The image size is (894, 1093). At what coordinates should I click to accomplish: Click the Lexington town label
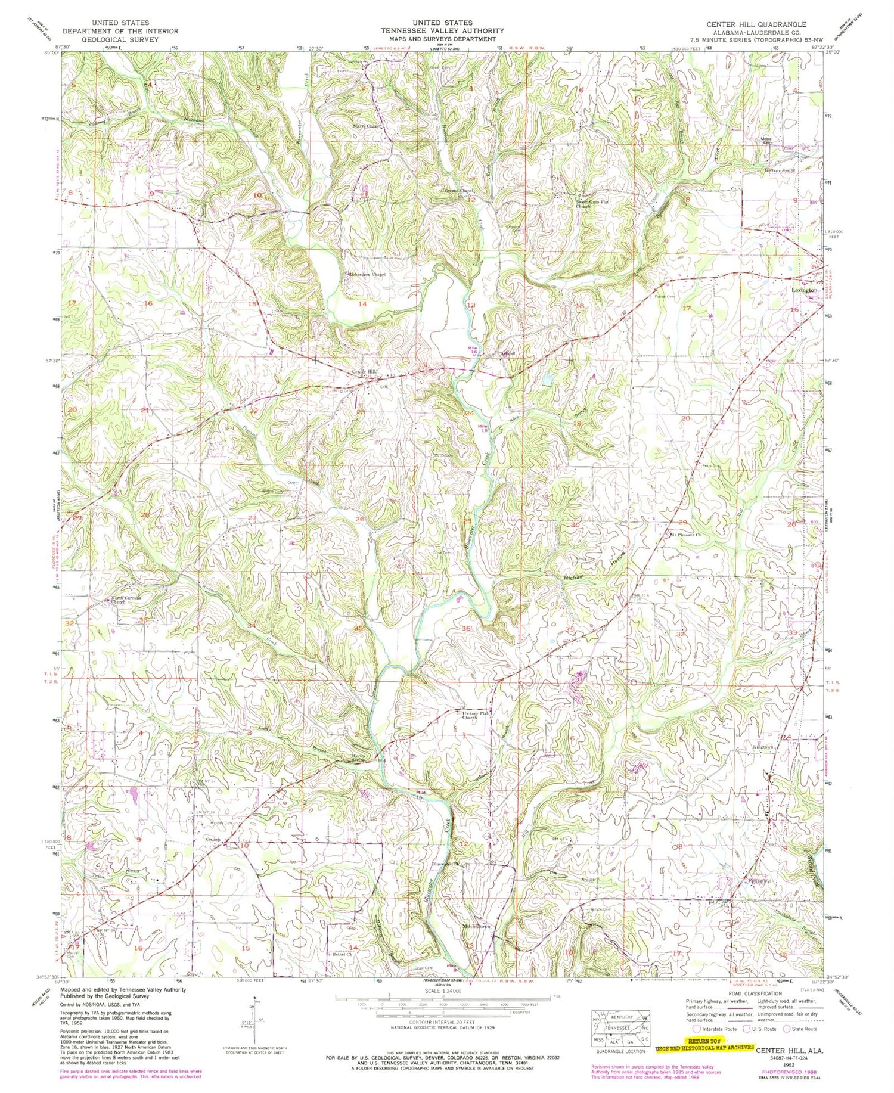coord(803,290)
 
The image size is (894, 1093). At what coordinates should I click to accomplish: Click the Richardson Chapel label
coord(367,275)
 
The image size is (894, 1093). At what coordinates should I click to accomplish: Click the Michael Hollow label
coord(592,573)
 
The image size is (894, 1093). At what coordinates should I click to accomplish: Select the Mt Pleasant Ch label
coord(685,534)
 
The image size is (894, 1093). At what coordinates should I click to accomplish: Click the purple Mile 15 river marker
coord(485,427)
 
